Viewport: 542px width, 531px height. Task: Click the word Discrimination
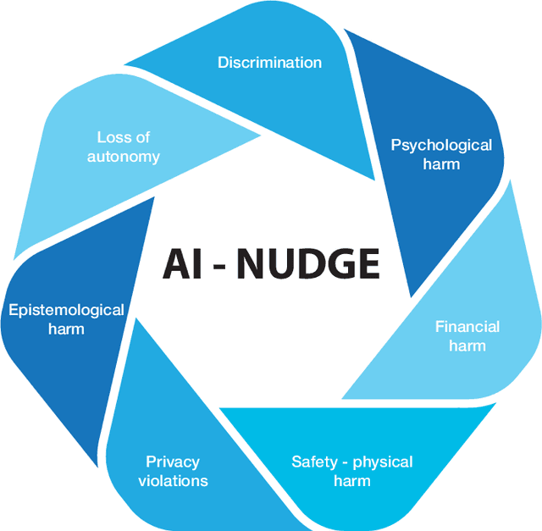[x=269, y=62]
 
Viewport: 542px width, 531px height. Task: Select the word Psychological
[x=440, y=145]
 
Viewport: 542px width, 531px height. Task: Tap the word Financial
[x=467, y=327]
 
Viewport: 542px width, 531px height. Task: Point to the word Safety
[x=314, y=462]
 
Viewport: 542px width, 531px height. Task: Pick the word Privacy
[x=173, y=462]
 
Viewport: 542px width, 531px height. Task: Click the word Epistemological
[x=66, y=310]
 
